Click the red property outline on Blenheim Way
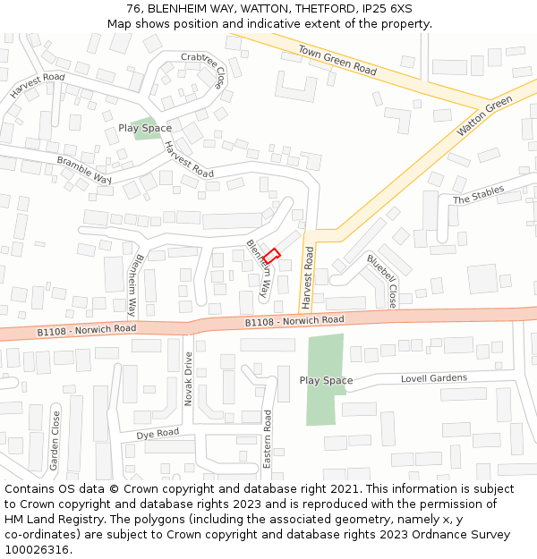point(271,256)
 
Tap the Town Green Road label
point(337,59)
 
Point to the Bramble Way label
point(84,171)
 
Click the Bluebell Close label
point(381,281)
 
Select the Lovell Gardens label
point(433,378)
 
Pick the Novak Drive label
point(188,378)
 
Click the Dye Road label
point(158,434)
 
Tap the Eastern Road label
point(267,439)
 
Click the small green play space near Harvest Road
point(142,129)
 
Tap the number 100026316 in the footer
point(37,549)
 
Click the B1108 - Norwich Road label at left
point(86,329)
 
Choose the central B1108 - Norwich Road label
point(294,320)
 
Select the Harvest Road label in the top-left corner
point(38,86)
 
